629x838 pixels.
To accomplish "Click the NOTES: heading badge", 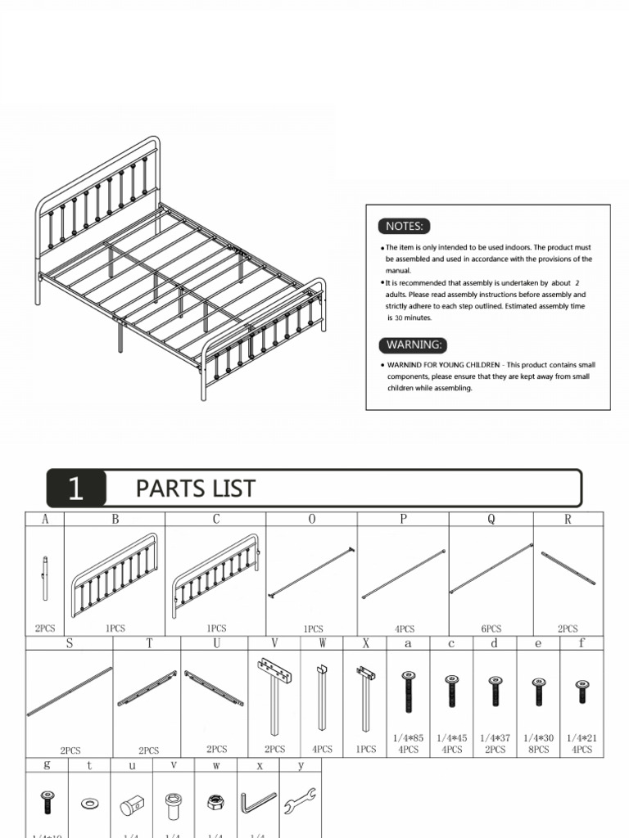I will click(404, 226).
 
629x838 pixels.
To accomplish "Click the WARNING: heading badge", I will click(414, 345).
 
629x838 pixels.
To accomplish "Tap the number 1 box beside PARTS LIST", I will click(76, 489).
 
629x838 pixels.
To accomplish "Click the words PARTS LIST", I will click(195, 489).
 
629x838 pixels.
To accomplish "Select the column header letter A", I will click(45, 519).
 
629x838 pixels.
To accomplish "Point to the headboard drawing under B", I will click(114, 574).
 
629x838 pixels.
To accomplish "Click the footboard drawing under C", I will click(215, 575).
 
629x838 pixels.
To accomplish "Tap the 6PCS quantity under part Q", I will click(491, 628).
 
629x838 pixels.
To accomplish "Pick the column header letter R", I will click(568, 519).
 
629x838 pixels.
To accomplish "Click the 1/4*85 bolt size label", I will click(409, 737).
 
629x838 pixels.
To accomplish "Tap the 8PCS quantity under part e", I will click(538, 749).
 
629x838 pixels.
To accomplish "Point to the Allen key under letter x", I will click(257, 803).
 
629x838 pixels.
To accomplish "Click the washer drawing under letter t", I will click(88, 803).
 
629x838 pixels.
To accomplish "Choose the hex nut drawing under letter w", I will click(215, 804).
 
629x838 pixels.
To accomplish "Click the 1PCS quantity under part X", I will click(365, 749).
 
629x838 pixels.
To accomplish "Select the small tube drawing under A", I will click(45, 578).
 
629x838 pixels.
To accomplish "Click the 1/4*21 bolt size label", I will click(581, 737).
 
